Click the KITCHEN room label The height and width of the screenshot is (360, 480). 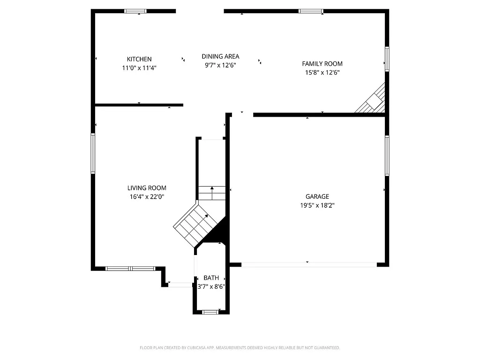tap(139, 59)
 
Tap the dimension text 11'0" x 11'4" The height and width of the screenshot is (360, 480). tap(139, 67)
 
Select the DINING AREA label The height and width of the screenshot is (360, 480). tap(220, 56)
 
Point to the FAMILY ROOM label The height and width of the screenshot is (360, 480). tap(322, 64)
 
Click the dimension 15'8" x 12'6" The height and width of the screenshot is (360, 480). tap(322, 72)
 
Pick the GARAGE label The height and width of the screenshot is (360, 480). tap(317, 196)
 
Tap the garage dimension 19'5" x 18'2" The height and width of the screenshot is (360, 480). tap(317, 205)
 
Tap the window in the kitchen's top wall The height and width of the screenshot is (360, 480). tap(135, 11)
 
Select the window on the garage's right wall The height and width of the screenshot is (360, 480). tap(387, 155)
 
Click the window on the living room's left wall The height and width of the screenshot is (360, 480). tap(93, 153)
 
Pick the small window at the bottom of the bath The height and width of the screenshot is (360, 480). tap(210, 312)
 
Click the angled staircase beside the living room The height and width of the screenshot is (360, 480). tap(196, 224)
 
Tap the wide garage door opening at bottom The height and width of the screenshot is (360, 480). tap(309, 265)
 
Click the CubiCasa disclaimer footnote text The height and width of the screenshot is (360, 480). tap(240, 348)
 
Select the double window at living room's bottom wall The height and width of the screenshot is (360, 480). tap(130, 269)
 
